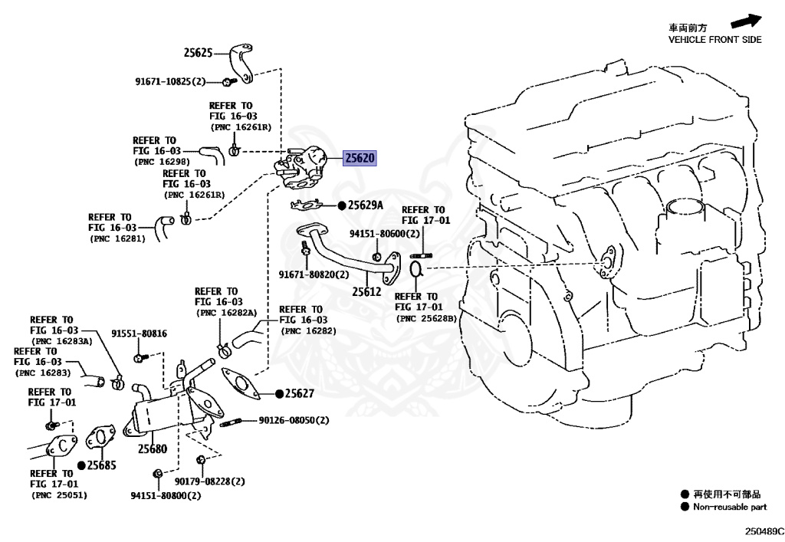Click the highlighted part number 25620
pyautogui.click(x=360, y=159)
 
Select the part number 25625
pyautogui.click(x=198, y=53)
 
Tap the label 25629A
pyautogui.click(x=365, y=205)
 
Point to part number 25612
pyautogui.click(x=366, y=291)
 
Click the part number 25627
pyautogui.click(x=300, y=393)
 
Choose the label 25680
pyautogui.click(x=152, y=449)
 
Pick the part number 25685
pyautogui.click(x=101, y=465)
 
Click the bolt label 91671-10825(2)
pyautogui.click(x=171, y=81)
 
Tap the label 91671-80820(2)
pyautogui.click(x=314, y=274)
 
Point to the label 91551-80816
pyautogui.click(x=139, y=333)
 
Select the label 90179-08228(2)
pyautogui.click(x=209, y=481)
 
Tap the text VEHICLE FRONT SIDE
pyautogui.click(x=714, y=40)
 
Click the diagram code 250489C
pyautogui.click(x=764, y=531)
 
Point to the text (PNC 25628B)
pyautogui.click(x=425, y=317)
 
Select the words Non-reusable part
pyautogui.click(x=730, y=507)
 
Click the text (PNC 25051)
pyautogui.click(x=60, y=495)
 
